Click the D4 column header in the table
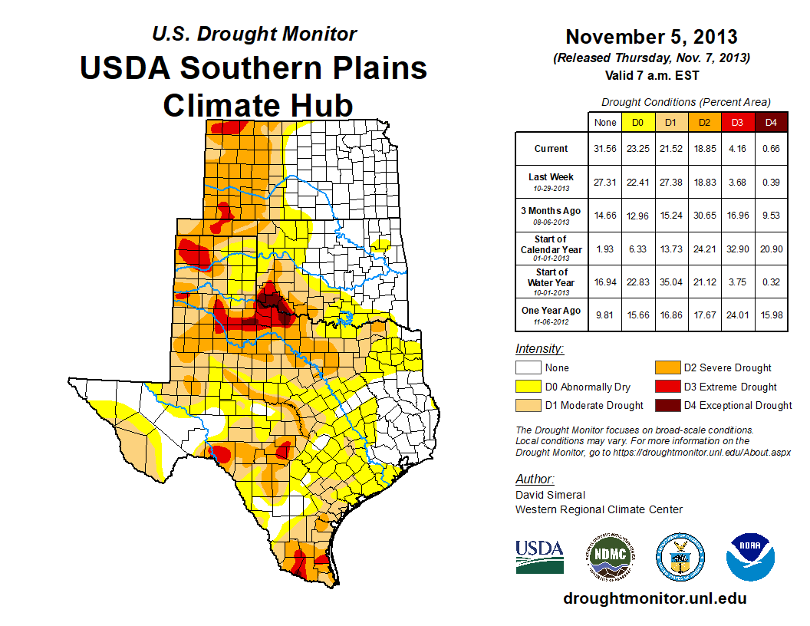point(771,122)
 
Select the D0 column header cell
point(638,122)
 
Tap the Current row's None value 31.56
point(605,149)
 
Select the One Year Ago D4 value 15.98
point(771,315)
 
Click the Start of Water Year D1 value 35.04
point(671,282)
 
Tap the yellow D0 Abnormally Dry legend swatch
point(528,387)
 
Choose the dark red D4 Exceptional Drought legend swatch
point(667,405)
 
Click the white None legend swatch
point(528,368)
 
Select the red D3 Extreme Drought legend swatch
point(667,387)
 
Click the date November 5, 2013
point(651,37)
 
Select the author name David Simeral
point(550,495)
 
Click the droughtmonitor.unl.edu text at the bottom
point(654,598)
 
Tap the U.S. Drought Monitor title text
point(254,34)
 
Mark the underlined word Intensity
point(539,349)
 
